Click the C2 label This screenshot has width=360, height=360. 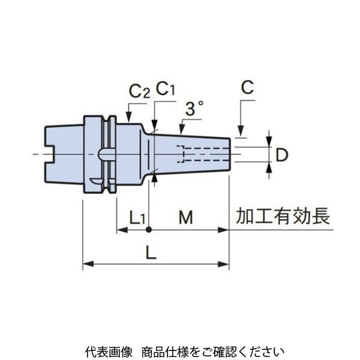[x=139, y=92]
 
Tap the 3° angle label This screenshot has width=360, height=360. [x=194, y=109]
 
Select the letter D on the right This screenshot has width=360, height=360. [x=282, y=154]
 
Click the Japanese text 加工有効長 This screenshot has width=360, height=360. [x=283, y=217]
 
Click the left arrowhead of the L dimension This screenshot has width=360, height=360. [x=86, y=263]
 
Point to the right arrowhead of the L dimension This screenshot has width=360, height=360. [x=226, y=263]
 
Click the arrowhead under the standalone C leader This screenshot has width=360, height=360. [x=241, y=133]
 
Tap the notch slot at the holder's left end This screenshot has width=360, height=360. [x=52, y=155]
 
